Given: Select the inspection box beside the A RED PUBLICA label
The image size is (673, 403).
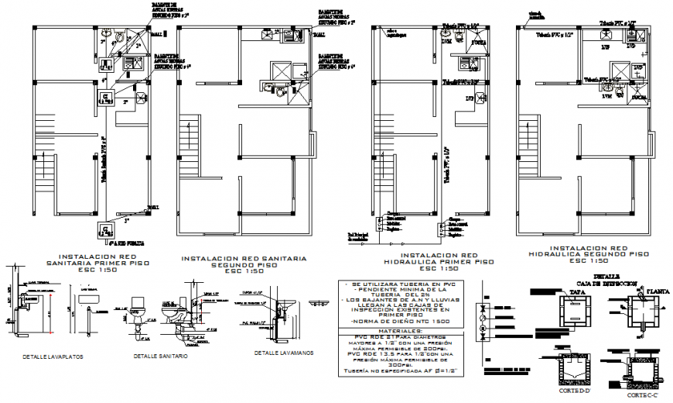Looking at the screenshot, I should (104, 229).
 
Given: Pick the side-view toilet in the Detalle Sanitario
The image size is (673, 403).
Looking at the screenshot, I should (172, 315).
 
